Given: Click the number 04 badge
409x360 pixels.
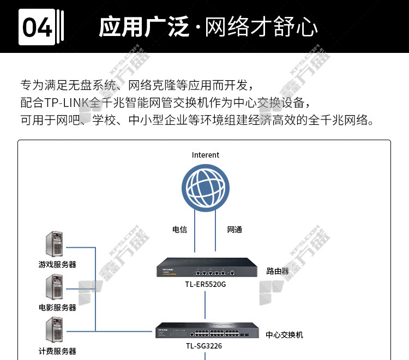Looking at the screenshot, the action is [x=37, y=27].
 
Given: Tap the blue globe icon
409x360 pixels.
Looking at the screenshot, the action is [x=206, y=188].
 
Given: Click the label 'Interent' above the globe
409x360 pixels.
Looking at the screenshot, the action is [x=206, y=155].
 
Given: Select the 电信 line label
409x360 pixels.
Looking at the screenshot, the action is [x=180, y=230].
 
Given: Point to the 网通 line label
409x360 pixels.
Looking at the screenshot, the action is [x=234, y=230].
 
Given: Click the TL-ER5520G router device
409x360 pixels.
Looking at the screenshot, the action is [x=207, y=267].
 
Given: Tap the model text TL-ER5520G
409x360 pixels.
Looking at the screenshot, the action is [x=206, y=284].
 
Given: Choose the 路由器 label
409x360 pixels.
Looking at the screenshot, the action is [x=278, y=271].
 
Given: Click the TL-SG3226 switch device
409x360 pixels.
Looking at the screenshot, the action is [x=207, y=330].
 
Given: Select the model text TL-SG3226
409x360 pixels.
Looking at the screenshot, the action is [x=204, y=346].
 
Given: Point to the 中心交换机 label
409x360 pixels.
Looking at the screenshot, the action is [x=284, y=335].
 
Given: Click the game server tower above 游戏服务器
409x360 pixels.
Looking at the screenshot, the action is [x=54, y=244].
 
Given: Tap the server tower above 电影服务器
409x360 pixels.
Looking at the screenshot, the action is [x=54, y=287].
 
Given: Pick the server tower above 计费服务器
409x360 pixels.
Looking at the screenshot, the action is [x=54, y=329].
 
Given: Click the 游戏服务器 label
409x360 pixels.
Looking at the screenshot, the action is [x=57, y=265].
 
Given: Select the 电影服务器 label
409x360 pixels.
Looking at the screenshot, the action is [x=57, y=308].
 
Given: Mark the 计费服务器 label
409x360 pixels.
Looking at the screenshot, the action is [x=57, y=351].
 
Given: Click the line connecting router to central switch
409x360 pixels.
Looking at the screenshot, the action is [x=205, y=305].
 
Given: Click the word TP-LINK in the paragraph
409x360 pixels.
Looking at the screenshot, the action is [x=67, y=103].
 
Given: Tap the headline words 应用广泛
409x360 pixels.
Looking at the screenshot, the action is [x=144, y=27].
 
